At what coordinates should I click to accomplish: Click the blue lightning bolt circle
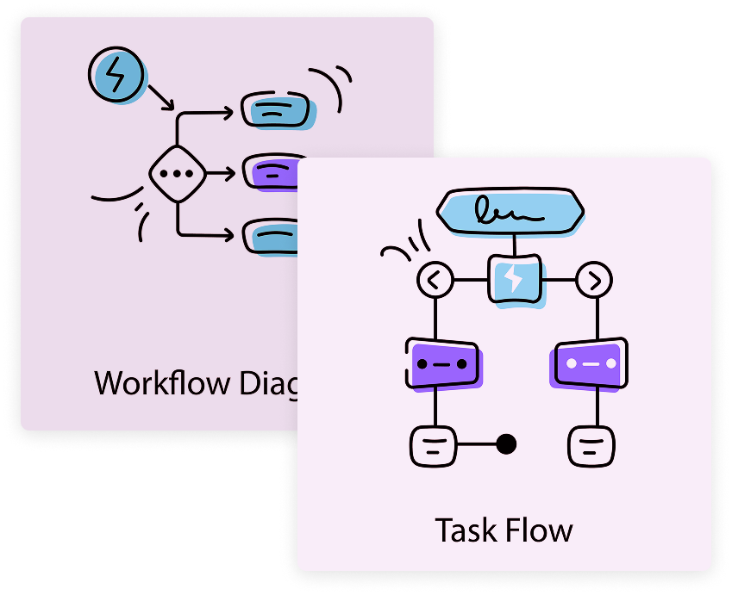click(116, 75)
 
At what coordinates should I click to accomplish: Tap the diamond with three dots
click(177, 173)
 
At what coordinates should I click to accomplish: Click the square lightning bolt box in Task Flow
click(514, 279)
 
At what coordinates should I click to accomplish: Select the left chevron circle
click(435, 279)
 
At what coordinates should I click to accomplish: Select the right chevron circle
click(594, 279)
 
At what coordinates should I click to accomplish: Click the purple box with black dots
click(441, 364)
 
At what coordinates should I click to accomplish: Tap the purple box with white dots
click(589, 364)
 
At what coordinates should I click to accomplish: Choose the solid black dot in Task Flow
click(507, 444)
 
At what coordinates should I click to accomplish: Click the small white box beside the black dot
click(431, 445)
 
